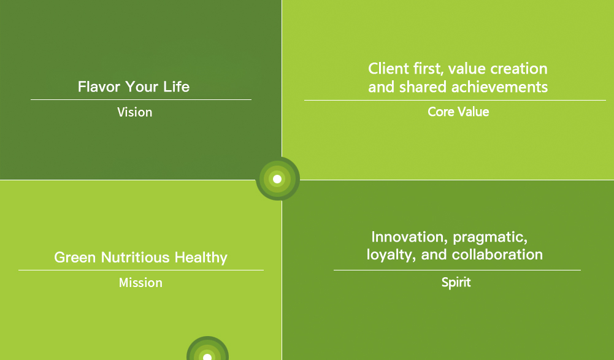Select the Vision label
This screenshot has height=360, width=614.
[135, 112]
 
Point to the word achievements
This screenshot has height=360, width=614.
[499, 87]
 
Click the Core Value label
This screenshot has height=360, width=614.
[458, 112]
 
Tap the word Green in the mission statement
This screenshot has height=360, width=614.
[75, 258]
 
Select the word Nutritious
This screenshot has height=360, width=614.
[135, 258]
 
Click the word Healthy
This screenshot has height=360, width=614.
[201, 258]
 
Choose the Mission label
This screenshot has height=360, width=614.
[140, 283]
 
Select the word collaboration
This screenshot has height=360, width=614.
[497, 255]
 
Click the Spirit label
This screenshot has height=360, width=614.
[456, 283]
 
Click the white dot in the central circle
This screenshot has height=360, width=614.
[277, 179]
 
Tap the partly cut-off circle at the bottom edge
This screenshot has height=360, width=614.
[207, 348]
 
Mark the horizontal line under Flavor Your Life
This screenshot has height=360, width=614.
[141, 100]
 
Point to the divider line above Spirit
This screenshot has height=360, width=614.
[457, 270]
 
